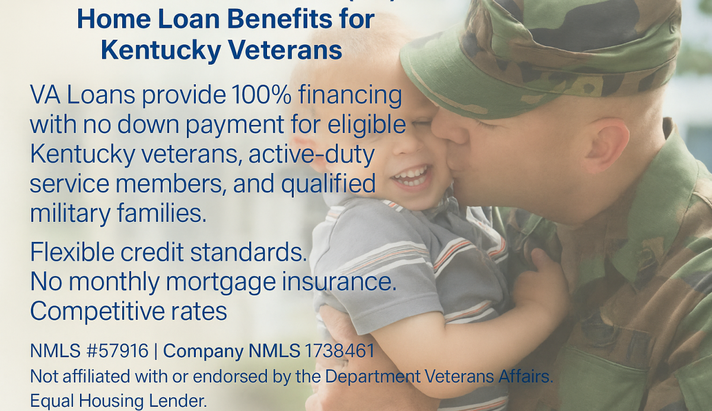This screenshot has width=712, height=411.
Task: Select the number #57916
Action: click(117, 351)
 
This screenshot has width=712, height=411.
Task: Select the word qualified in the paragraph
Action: click(328, 184)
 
